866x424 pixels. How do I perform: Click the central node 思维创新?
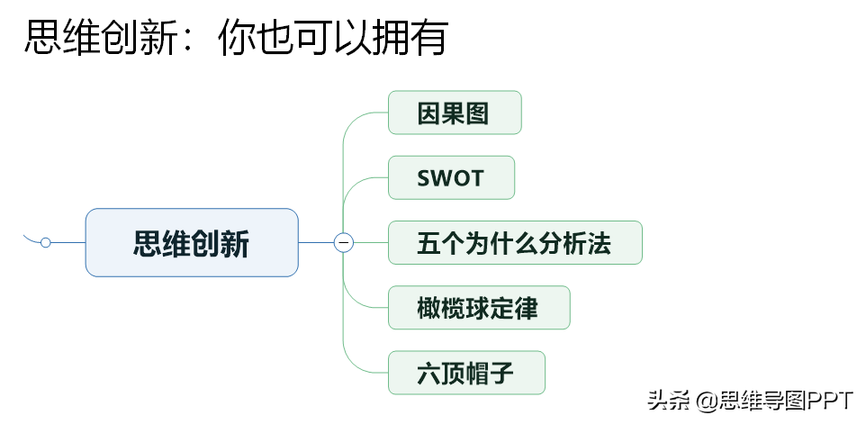click(x=192, y=242)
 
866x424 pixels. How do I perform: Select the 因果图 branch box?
click(x=455, y=113)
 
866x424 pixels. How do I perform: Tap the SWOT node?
click(x=451, y=177)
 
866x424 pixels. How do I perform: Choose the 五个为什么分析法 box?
click(x=515, y=243)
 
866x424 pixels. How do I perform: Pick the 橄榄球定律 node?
click(x=479, y=308)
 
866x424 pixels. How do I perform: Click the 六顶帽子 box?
click(x=466, y=373)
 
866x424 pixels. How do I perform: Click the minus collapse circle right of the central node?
click(x=344, y=242)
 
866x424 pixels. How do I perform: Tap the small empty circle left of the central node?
click(x=45, y=242)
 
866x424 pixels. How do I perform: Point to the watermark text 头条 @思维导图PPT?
click(x=751, y=401)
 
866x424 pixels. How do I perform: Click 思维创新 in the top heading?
click(x=101, y=38)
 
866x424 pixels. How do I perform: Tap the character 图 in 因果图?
click(x=478, y=113)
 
